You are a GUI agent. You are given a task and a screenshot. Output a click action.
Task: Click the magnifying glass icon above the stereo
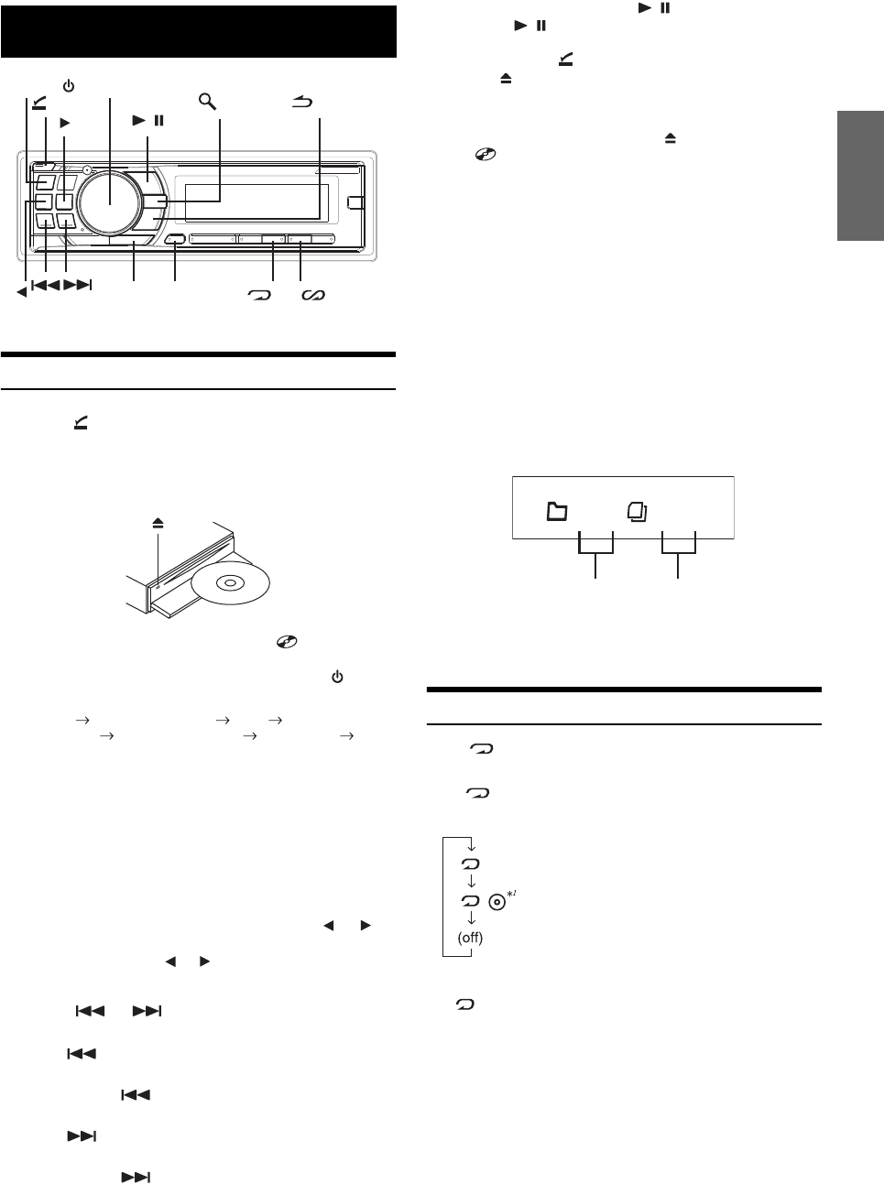coord(208,100)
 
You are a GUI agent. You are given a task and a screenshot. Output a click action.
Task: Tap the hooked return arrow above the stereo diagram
coord(302,103)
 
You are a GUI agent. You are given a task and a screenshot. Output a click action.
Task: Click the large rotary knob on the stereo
coord(109,200)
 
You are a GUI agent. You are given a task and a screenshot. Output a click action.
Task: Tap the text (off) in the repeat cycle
coord(470,938)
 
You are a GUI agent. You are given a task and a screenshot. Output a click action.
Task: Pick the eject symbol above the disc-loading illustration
coord(158,523)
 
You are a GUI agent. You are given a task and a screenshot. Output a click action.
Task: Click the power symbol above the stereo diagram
coord(68,87)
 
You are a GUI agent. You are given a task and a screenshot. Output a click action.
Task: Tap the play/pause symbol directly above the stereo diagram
coord(147,120)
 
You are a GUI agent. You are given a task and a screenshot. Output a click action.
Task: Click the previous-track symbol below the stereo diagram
coord(46,286)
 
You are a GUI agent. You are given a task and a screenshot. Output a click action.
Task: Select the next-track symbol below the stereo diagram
coord(79,286)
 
